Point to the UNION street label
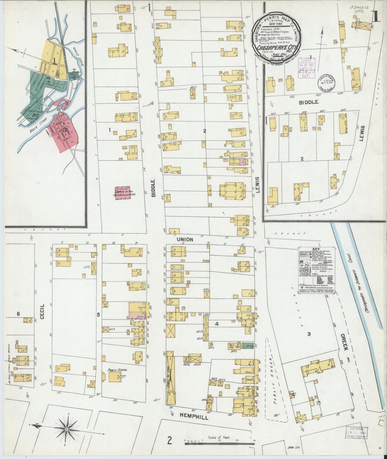pyautogui.click(x=185, y=239)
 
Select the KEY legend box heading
pyautogui.click(x=316, y=249)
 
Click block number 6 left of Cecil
pyautogui.click(x=18, y=314)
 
